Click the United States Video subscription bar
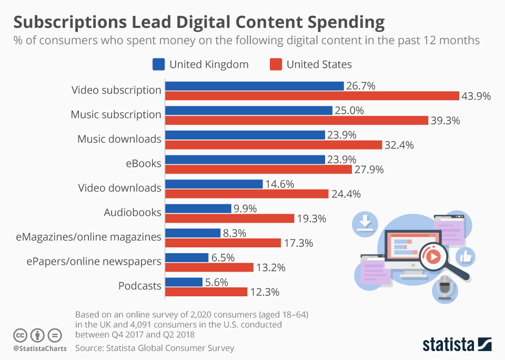[x=312, y=96]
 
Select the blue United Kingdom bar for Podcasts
[x=184, y=282]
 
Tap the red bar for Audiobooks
[x=230, y=218]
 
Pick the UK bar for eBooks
[x=245, y=159]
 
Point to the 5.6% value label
[x=216, y=282]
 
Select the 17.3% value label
[x=298, y=243]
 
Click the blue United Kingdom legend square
[x=158, y=65]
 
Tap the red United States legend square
[x=276, y=65]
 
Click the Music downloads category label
[x=119, y=139]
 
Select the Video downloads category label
[x=119, y=188]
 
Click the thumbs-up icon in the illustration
[x=466, y=257]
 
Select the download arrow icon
[x=365, y=223]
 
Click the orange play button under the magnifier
[x=432, y=257]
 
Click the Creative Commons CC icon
[x=20, y=335]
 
